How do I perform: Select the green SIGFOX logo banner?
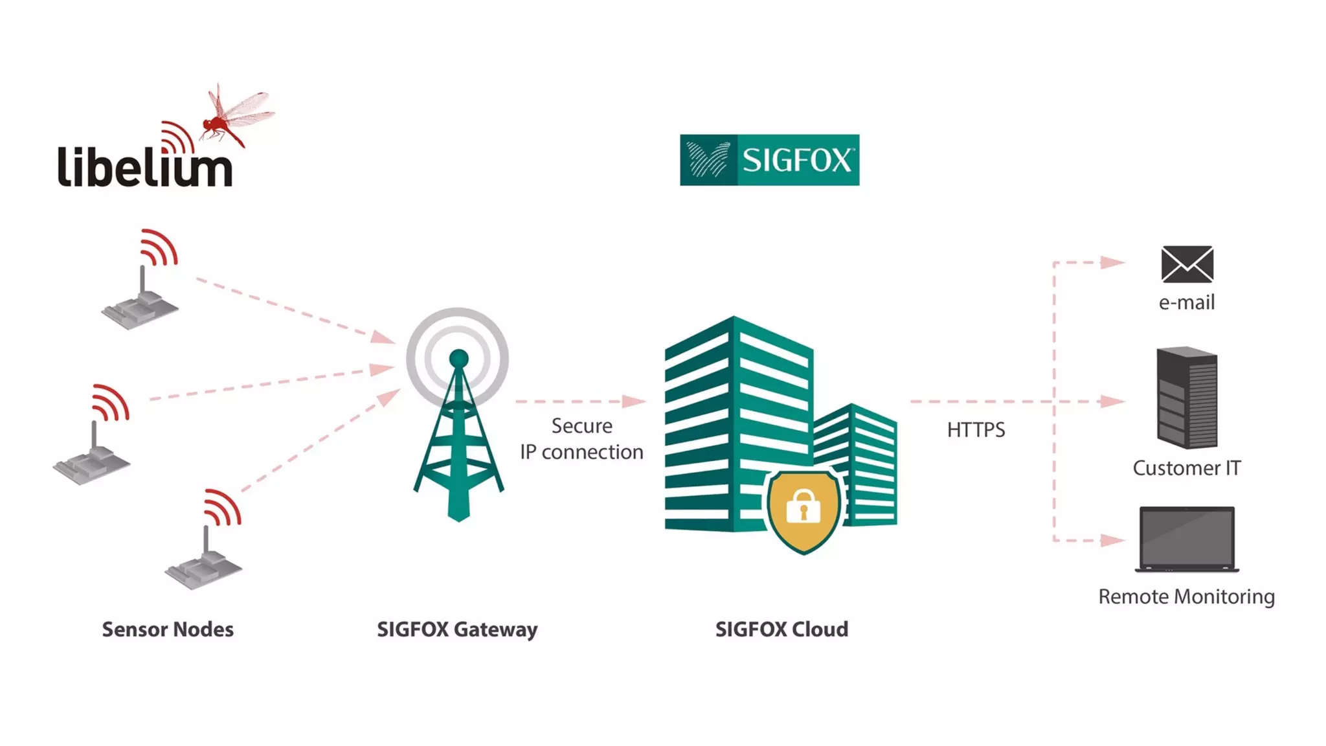point(769,160)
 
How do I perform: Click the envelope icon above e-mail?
point(1187,264)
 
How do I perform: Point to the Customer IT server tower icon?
point(1187,398)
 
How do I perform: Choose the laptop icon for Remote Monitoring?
point(1187,539)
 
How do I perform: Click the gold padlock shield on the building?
point(803,509)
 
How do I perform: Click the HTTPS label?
point(976,430)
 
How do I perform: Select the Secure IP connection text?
point(581,439)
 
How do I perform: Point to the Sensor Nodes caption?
point(168,629)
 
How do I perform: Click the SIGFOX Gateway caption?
point(457,629)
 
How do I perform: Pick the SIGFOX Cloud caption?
point(781,629)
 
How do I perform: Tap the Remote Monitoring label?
point(1186,596)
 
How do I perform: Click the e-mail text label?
point(1186,302)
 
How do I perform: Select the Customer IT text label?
point(1186,468)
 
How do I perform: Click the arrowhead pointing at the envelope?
point(1112,262)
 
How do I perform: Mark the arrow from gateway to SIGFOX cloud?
point(580,401)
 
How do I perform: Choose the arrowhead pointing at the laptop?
point(1112,540)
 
